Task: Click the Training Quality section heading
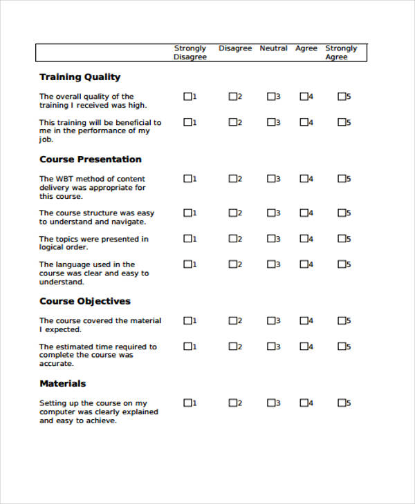[x=80, y=77]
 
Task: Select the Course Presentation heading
[x=90, y=159]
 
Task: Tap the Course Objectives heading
[x=84, y=301]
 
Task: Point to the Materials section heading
[x=62, y=383]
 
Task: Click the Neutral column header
[x=273, y=48]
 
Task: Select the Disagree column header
[x=235, y=48]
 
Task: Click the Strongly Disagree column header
[x=190, y=52]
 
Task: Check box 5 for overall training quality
[x=341, y=97]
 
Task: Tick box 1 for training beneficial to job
[x=187, y=122]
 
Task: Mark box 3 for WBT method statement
[x=270, y=179]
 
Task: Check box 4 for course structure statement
[x=303, y=213]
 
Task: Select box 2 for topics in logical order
[x=232, y=239]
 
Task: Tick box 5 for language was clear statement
[x=341, y=264]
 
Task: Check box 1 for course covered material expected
[x=187, y=320]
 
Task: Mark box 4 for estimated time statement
[x=303, y=346]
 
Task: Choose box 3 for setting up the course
[x=270, y=403]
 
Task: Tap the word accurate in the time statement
[x=56, y=364]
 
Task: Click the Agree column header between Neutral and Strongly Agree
[x=306, y=48]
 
